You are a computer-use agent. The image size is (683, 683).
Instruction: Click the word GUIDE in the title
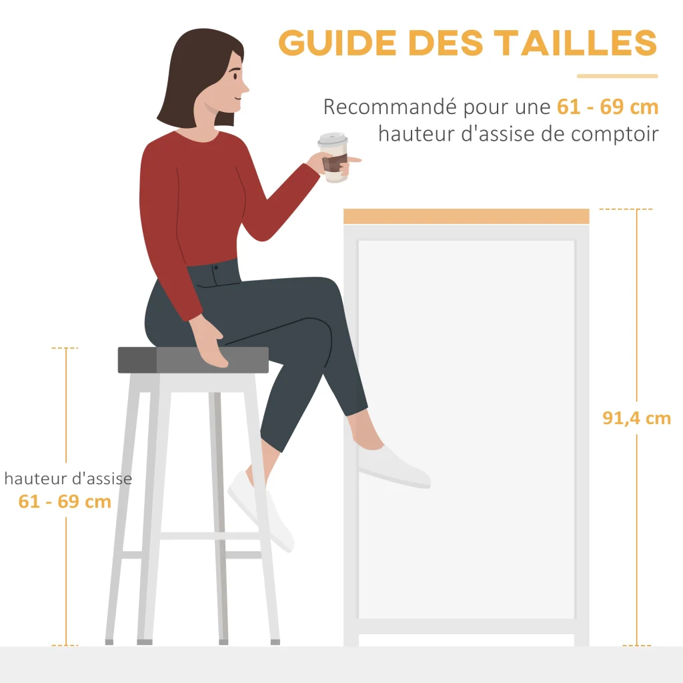(337, 43)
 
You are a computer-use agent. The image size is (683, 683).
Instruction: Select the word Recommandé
(390, 106)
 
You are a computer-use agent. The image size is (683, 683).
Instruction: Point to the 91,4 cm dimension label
(636, 418)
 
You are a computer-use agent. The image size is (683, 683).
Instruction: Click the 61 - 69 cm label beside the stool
(65, 502)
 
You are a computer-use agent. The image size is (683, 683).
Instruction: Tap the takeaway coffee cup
(334, 157)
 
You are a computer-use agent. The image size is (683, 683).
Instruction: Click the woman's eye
(235, 77)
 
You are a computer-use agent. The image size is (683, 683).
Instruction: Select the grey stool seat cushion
(193, 360)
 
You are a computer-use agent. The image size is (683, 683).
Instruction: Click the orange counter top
(466, 217)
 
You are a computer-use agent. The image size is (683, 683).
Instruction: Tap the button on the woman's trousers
(216, 267)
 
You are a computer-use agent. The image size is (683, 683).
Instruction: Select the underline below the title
(617, 76)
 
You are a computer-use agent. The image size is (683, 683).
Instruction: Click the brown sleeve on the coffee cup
(335, 163)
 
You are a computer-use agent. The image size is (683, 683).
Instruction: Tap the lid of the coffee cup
(333, 139)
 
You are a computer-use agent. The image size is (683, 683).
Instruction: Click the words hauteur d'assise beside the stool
(69, 479)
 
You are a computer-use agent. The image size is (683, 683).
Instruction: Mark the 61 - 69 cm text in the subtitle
(608, 107)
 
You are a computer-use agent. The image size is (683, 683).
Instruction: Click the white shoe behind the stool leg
(261, 510)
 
